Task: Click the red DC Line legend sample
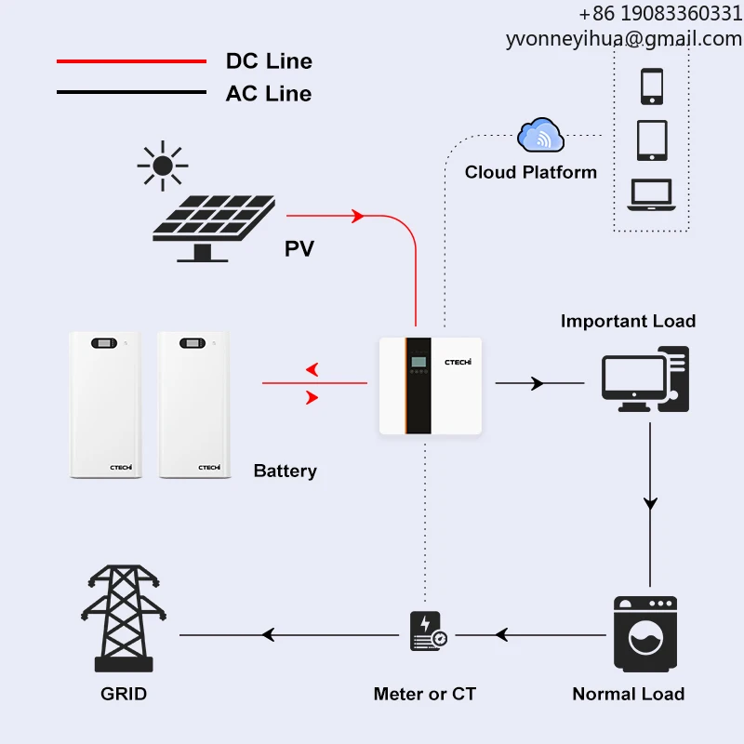coord(130,61)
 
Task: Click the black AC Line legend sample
coord(130,92)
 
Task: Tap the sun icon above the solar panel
coord(163,166)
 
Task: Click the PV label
coord(299,248)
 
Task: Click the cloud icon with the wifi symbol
coord(540,137)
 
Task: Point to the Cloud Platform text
coord(530,172)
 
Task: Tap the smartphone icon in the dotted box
coord(651,86)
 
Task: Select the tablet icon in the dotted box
coord(651,140)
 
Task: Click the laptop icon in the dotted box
coord(651,194)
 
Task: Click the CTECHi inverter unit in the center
coord(430,385)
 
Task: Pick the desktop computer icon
coord(645,379)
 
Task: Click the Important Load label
coord(628,321)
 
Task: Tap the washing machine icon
coord(645,635)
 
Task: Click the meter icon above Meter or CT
coord(427,631)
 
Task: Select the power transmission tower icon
coord(123,618)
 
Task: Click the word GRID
coord(123,694)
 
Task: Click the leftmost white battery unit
coord(105,405)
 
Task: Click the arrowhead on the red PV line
coord(357,217)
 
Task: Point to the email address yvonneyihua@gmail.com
coord(623,39)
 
